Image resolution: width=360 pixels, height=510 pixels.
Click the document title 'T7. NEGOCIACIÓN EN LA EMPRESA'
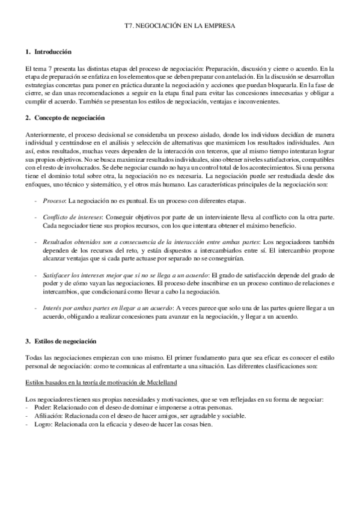(x=180, y=27)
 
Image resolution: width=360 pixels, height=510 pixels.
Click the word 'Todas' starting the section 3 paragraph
(x=35, y=358)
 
